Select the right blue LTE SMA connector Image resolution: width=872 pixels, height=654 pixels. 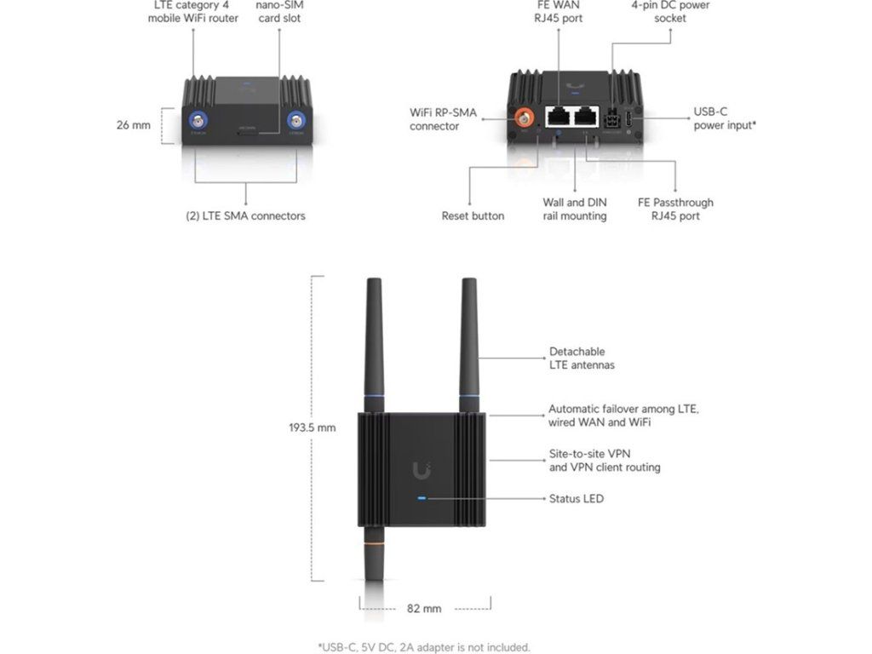297,120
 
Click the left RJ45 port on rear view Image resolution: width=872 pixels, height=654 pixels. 558,118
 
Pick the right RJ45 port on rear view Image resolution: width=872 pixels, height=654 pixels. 586,118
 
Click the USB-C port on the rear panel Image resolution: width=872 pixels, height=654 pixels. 628,120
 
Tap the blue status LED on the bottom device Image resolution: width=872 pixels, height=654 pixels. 422,498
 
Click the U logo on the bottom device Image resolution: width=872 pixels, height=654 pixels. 422,469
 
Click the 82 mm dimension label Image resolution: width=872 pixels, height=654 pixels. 424,608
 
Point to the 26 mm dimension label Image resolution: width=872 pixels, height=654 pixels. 133,125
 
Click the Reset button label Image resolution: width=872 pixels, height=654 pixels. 473,215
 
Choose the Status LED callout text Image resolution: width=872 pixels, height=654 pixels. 576,498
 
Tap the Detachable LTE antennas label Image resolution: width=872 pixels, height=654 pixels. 582,358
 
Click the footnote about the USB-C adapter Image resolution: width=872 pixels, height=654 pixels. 423,647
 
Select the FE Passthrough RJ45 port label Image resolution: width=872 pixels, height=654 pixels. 675,209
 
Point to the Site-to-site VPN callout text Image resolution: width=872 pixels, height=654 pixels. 604,461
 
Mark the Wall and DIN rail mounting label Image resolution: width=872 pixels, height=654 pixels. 575,209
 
